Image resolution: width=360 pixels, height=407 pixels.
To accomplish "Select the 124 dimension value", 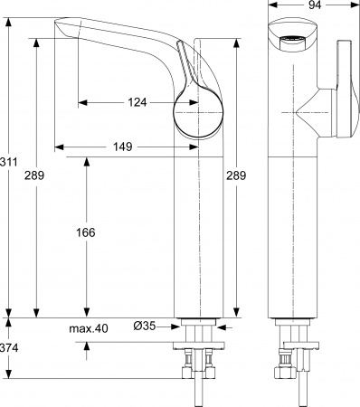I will click(137, 101).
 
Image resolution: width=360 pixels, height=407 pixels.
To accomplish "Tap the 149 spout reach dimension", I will click(124, 144).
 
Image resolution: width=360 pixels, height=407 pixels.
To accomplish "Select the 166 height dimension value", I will click(87, 232).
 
